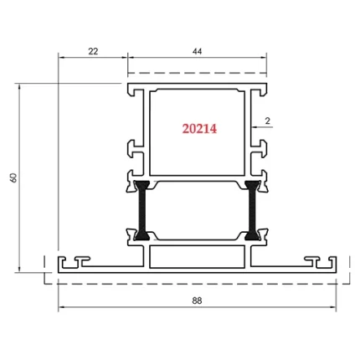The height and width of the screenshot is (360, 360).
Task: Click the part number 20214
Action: [199, 129]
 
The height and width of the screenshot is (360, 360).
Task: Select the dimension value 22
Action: [93, 52]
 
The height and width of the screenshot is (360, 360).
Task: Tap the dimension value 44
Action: [198, 52]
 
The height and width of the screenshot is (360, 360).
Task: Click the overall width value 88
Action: [198, 301]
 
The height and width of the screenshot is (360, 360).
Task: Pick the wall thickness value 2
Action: [267, 121]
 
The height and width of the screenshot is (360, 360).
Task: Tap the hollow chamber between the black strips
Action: [198, 208]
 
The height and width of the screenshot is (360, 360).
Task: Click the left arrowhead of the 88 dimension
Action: [60, 307]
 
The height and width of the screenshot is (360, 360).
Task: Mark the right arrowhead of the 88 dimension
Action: [336, 307]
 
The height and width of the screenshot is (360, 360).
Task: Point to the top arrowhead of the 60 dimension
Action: [20, 86]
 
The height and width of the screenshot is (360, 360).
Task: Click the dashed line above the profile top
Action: [198, 73]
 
